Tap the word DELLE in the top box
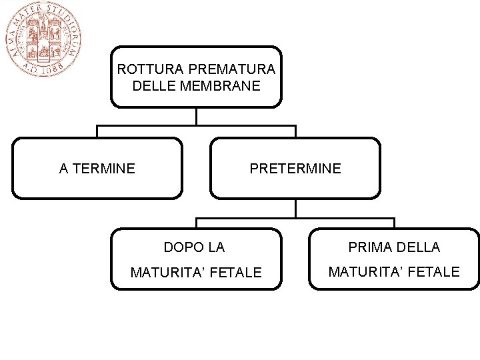[153, 86]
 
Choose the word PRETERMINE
[295, 169]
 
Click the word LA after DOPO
[216, 248]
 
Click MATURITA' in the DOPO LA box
[167, 273]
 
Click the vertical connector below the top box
[196, 116]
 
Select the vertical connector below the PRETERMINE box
[295, 208]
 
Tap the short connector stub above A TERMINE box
[97, 131]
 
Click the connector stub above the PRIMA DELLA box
[394, 223]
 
